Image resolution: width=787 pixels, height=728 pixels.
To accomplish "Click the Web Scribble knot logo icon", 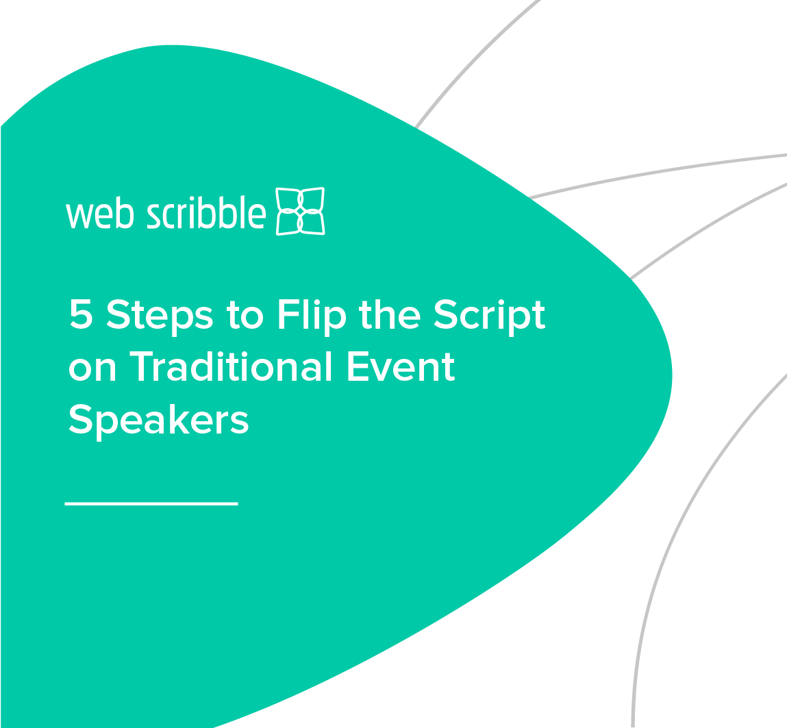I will (x=300, y=211).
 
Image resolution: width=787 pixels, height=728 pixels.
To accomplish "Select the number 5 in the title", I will (x=81, y=315).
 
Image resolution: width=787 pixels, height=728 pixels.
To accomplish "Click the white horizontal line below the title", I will (x=151, y=504).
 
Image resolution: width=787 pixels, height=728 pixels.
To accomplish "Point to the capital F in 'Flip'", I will (x=288, y=315).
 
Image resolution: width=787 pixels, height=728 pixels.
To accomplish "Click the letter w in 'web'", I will (x=79, y=216).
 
